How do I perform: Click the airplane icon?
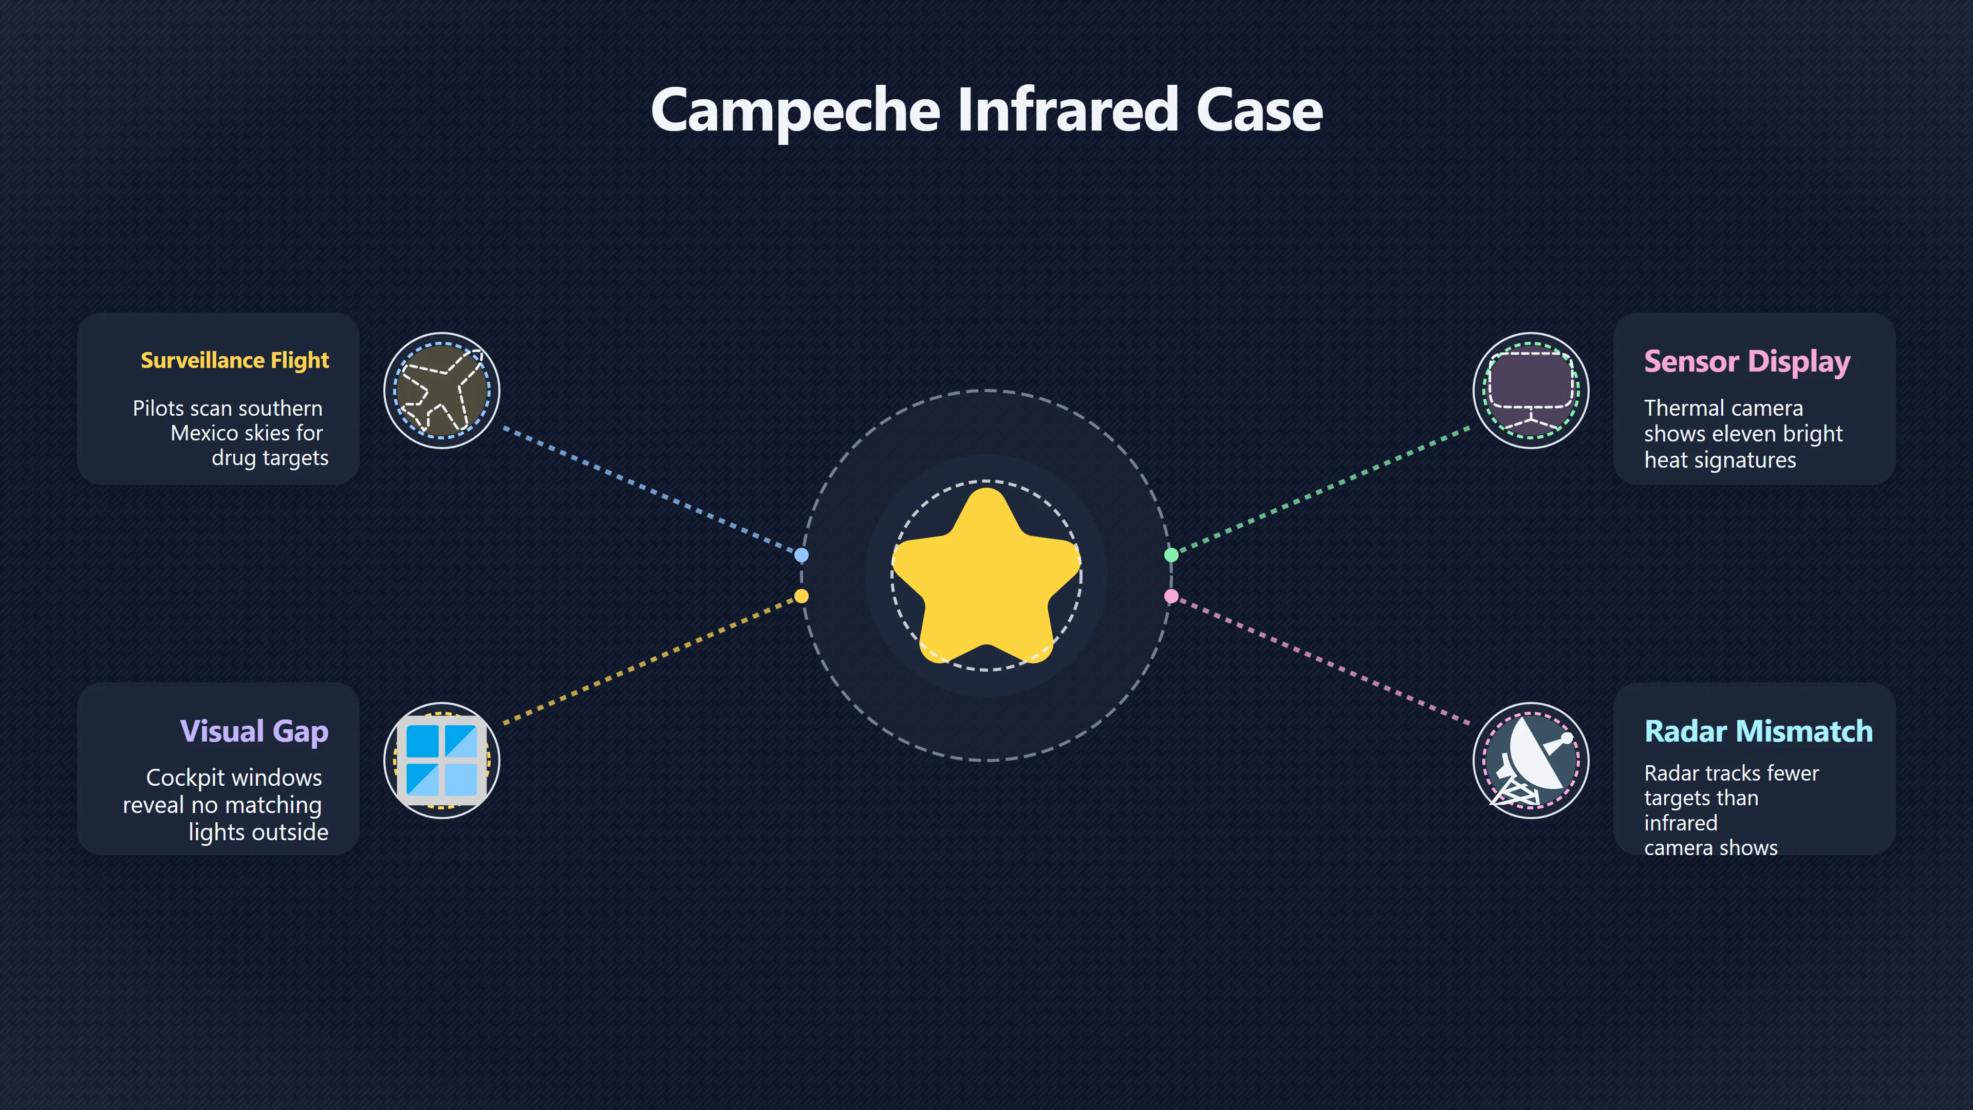pyautogui.click(x=442, y=391)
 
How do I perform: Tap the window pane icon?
pyautogui.click(x=442, y=761)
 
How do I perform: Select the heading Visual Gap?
pyautogui.click(x=254, y=732)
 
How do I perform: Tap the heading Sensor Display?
pyautogui.click(x=1747, y=362)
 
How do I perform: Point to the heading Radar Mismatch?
pyautogui.click(x=1759, y=732)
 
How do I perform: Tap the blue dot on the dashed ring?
pyautogui.click(x=801, y=554)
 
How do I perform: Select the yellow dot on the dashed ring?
pyautogui.click(x=801, y=596)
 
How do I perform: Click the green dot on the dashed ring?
pyautogui.click(x=1171, y=554)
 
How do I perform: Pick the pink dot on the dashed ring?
pyautogui.click(x=1171, y=596)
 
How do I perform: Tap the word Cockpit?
pyautogui.click(x=183, y=779)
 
